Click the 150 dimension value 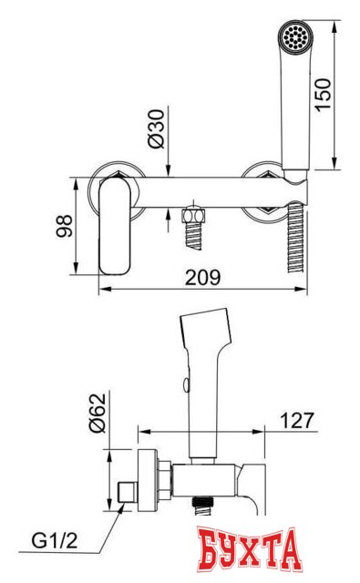tap(323, 94)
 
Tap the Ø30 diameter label tap(156, 128)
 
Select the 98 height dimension tap(65, 226)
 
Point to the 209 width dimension tap(202, 277)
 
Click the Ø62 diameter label tap(98, 413)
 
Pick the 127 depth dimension tap(297, 420)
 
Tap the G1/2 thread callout tap(55, 540)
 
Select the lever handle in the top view tap(115, 226)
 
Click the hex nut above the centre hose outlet tap(193, 216)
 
